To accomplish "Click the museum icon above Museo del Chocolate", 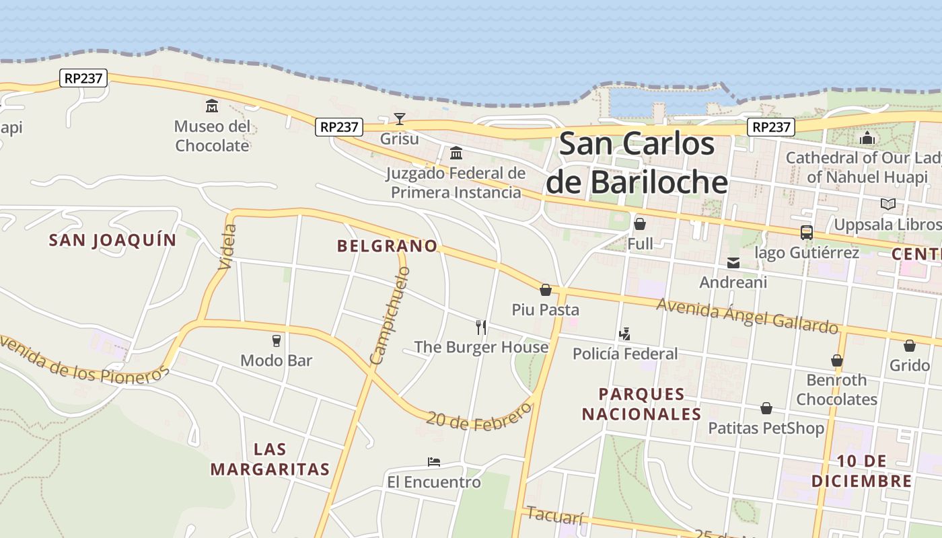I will [x=212, y=106].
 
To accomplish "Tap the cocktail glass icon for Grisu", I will [x=400, y=119].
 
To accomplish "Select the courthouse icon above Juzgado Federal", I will [x=456, y=153].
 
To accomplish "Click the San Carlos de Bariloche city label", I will [x=637, y=163].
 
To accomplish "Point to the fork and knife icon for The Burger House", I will [x=481, y=327].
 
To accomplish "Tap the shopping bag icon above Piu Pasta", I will [x=546, y=290].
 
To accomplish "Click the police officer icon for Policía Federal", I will [x=624, y=333].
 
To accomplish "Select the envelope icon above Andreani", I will [x=733, y=262].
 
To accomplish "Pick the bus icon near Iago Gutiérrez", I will [x=806, y=233].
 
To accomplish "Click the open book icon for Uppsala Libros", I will [x=888, y=204].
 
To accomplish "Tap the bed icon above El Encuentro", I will [x=434, y=462].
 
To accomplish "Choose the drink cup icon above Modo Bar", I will [x=276, y=340].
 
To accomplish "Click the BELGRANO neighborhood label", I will [x=387, y=246].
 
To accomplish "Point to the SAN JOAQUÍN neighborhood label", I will [x=112, y=240].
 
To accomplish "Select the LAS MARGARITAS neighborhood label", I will [x=270, y=459].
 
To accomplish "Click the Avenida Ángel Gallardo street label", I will [x=747, y=314].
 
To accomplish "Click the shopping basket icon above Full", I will [x=640, y=223].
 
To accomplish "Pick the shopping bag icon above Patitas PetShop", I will [x=766, y=408].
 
